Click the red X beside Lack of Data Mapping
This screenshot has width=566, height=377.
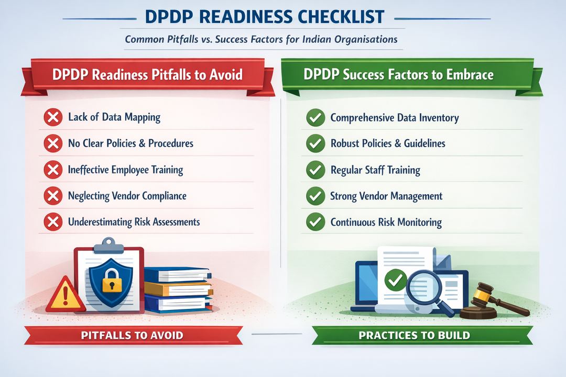tap(52, 117)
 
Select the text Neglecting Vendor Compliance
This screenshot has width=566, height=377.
tap(127, 196)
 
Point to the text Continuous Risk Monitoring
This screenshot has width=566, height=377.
tap(386, 223)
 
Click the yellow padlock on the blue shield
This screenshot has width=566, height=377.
tap(108, 283)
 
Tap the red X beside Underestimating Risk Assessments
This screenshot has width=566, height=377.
tap(52, 223)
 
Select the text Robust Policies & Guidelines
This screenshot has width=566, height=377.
tap(388, 143)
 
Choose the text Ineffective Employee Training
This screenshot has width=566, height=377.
tap(125, 170)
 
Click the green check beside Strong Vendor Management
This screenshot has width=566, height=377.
tap(315, 196)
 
